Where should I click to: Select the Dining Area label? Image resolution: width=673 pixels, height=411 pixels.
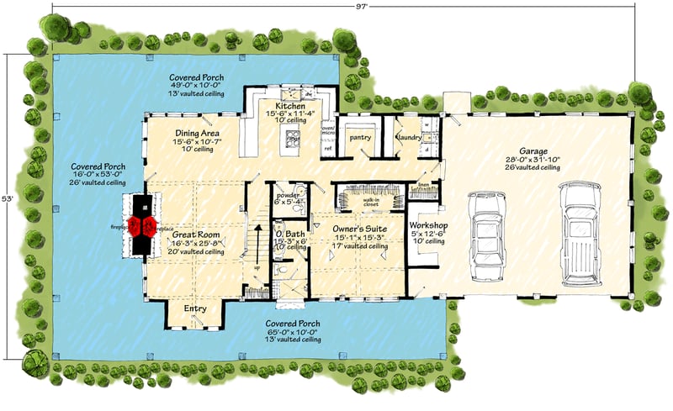[x=197, y=133]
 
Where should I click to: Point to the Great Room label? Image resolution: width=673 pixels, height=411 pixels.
[x=197, y=234]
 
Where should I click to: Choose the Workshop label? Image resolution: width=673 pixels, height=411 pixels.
[x=429, y=225]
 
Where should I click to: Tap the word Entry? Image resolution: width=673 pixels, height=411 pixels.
[x=194, y=309]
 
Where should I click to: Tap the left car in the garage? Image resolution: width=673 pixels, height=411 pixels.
[x=486, y=234]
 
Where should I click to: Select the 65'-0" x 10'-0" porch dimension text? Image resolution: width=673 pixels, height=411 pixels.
[x=291, y=331]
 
